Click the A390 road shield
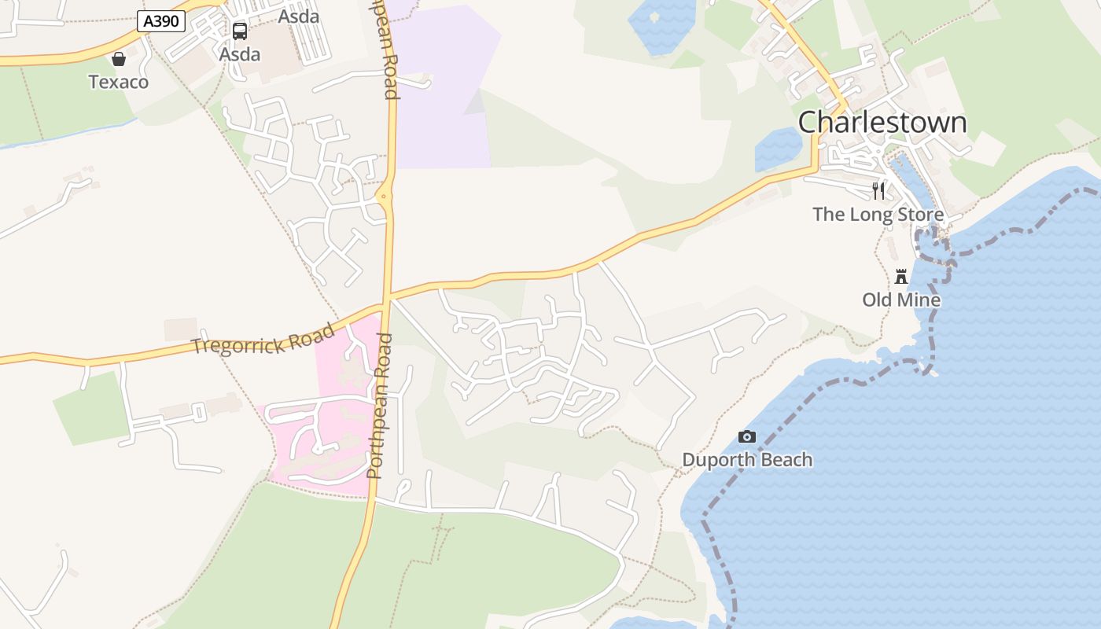tap(161, 21)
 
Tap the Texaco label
tap(118, 82)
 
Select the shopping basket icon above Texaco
tap(119, 59)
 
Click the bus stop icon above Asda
tap(240, 31)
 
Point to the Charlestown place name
tap(882, 123)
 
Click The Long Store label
tap(878, 215)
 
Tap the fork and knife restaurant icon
tap(878, 190)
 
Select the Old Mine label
tap(901, 300)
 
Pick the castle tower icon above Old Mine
tap(901, 277)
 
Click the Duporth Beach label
tap(747, 460)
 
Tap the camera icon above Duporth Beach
tap(747, 437)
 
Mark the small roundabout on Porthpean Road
tap(385, 197)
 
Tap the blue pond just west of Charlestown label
tap(777, 149)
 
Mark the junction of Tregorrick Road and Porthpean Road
tap(386, 300)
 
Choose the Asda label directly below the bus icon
tap(240, 55)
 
